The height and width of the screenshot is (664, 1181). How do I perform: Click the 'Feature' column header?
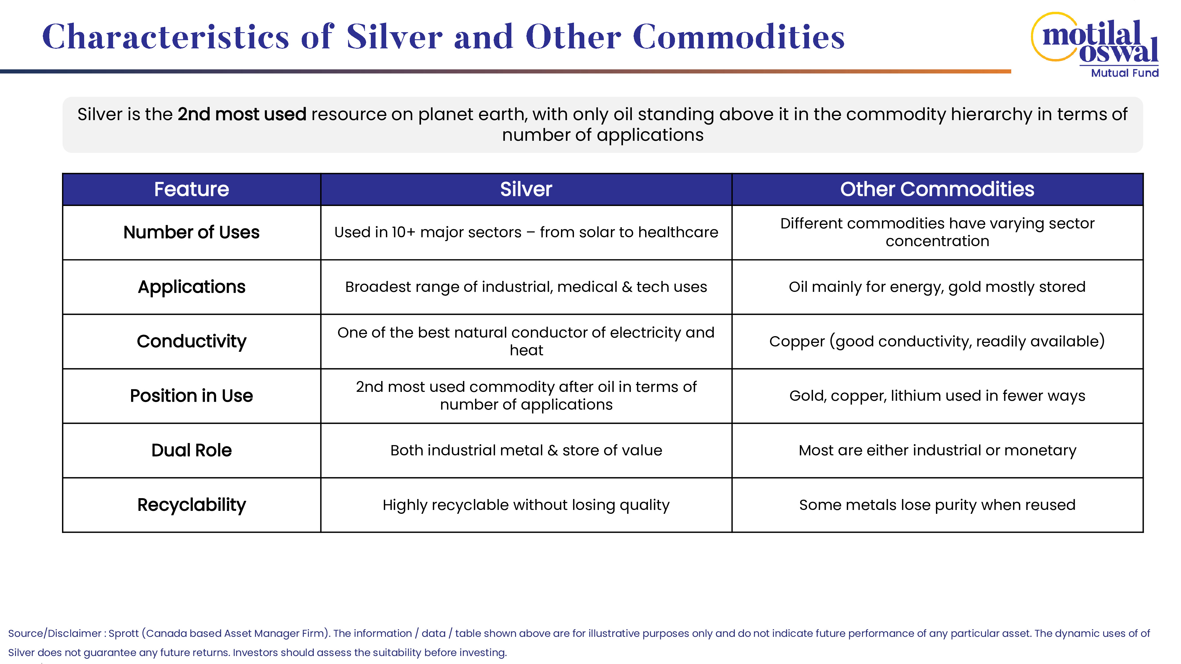[191, 189]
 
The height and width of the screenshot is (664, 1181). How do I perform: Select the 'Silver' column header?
[526, 189]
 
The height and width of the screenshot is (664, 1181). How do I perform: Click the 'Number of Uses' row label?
[191, 232]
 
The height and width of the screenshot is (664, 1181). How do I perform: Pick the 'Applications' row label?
[191, 287]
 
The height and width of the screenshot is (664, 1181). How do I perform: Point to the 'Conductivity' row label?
[191, 341]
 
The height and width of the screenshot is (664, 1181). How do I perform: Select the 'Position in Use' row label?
[191, 396]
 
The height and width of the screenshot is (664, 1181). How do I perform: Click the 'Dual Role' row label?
[191, 450]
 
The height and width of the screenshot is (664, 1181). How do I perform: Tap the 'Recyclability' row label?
[191, 505]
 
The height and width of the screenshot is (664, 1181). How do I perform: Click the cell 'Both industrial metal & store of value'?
[526, 450]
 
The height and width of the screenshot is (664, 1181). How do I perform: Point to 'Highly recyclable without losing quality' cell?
[526, 505]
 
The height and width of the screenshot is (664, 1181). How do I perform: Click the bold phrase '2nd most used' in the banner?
[242, 114]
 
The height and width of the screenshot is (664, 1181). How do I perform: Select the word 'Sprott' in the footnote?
[123, 633]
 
